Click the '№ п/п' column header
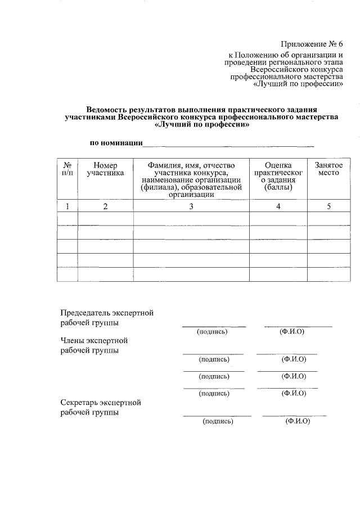point(67,169)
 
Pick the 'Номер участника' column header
point(105,169)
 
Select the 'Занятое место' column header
point(328,169)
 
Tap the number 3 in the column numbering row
point(191,206)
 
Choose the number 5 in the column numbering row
point(328,206)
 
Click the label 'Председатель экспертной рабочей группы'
point(106,318)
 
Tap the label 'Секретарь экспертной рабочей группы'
point(100,407)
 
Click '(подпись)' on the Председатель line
point(212,332)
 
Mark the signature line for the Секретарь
point(217,415)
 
